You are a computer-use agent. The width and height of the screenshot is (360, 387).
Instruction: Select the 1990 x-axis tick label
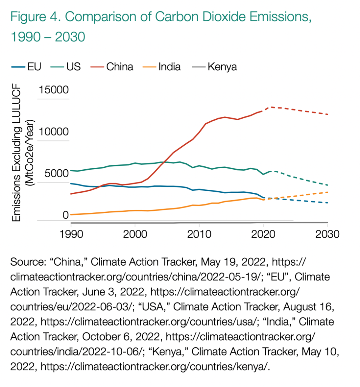71,233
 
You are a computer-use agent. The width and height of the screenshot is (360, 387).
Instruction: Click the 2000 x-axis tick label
135,233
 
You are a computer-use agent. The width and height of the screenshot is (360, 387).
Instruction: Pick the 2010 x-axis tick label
199,233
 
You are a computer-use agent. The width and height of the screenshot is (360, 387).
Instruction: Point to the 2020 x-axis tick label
263,233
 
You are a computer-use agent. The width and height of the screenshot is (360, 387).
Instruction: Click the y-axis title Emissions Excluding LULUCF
17,155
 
